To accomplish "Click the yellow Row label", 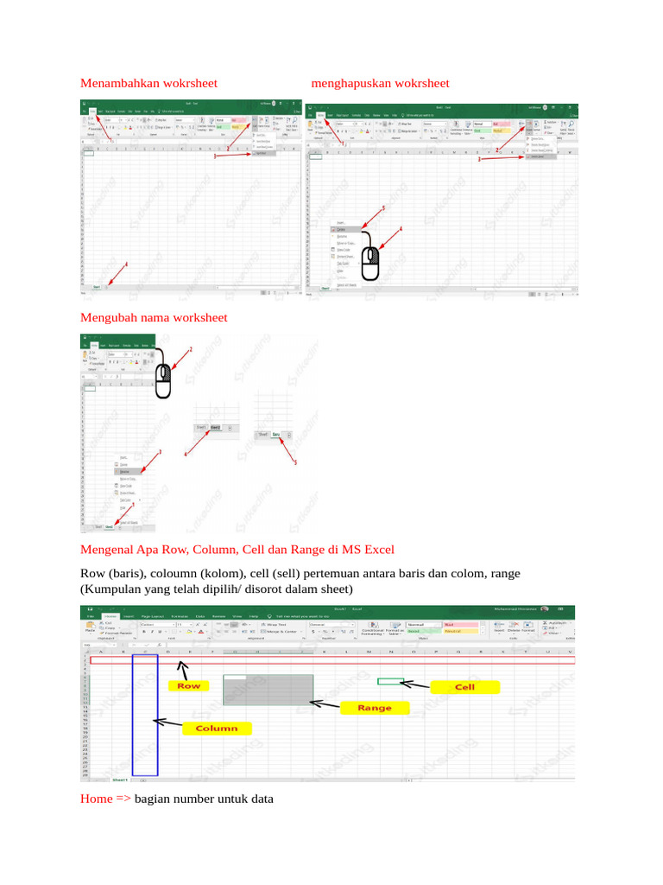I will [x=189, y=685].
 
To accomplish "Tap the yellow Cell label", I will [x=464, y=687].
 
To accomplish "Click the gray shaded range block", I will [x=268, y=689].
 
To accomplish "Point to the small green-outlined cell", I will [x=390, y=681].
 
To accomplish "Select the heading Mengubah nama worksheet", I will [x=154, y=317].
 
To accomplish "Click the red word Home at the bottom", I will [x=96, y=799].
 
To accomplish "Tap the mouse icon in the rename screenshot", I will [x=164, y=380].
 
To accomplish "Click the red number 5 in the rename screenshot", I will [x=296, y=463].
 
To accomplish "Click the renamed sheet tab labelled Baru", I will [x=276, y=435].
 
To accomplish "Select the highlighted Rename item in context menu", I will [x=126, y=472].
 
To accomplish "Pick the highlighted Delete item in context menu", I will [x=343, y=229].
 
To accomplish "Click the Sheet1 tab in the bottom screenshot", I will [x=119, y=779].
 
